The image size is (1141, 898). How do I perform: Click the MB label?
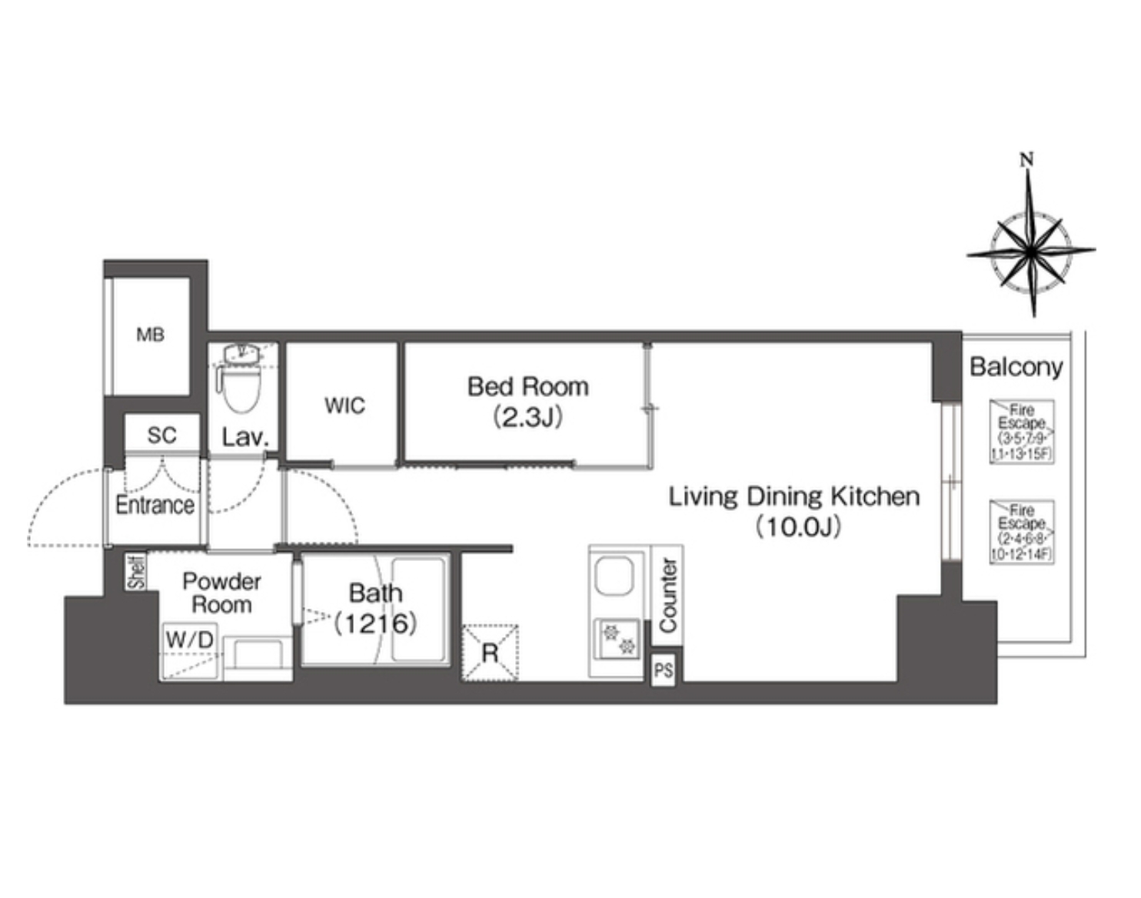[151, 335]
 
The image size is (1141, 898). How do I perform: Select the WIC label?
[344, 406]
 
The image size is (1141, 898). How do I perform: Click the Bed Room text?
[528, 387]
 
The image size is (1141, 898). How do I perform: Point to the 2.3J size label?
[528, 417]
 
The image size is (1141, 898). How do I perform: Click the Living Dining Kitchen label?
[793, 497]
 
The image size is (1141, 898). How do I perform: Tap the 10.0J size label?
[798, 527]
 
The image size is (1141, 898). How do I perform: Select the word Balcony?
[1016, 367]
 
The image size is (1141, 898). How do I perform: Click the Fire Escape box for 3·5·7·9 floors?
[1021, 432]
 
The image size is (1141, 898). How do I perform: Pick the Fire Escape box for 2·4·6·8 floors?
[1021, 532]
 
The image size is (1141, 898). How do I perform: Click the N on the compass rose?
[1027, 159]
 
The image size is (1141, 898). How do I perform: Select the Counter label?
[668, 596]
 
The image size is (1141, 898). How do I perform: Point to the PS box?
[664, 671]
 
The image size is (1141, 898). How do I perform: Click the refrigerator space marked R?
[490, 653]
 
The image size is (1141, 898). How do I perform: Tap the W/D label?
[189, 639]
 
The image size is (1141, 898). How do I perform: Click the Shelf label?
[138, 572]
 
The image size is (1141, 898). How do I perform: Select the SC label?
[161, 436]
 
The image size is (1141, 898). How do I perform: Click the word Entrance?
[155, 506]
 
